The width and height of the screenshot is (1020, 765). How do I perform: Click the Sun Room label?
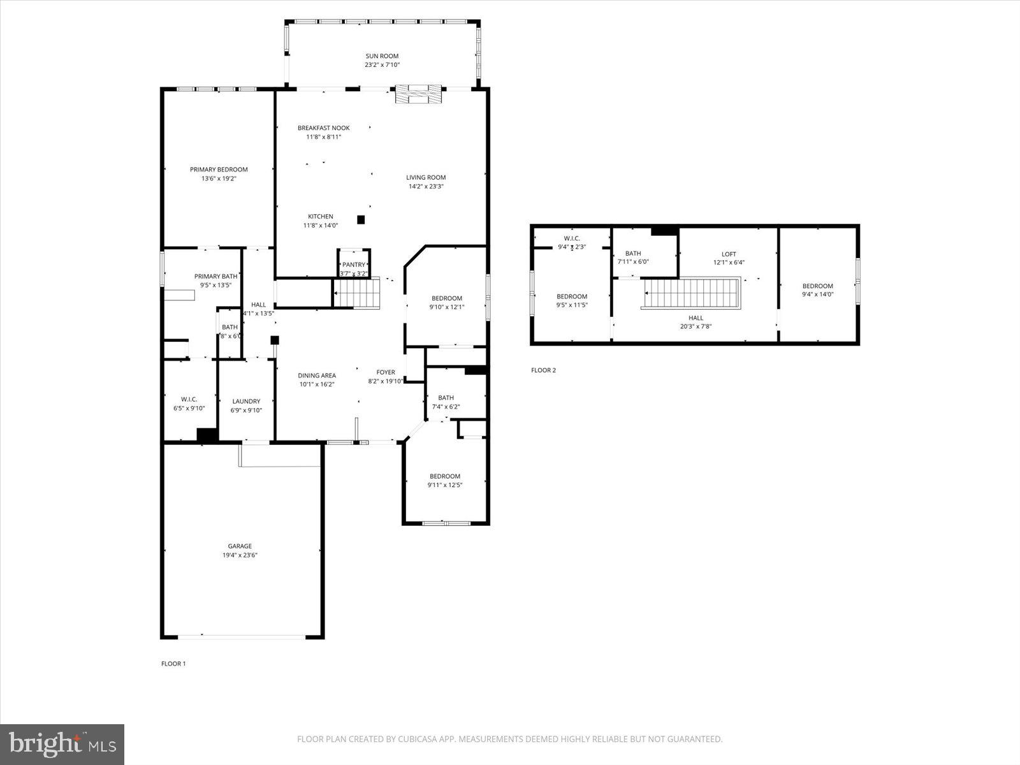(382, 56)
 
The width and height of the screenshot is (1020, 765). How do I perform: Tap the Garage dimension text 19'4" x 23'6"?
(240, 555)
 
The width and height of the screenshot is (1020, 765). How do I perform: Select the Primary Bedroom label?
(219, 170)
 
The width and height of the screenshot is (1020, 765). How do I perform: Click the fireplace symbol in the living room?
(418, 94)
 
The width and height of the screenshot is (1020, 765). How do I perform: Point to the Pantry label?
(354, 265)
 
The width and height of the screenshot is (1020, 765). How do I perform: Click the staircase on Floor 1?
(358, 295)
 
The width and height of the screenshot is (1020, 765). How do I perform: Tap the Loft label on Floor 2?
(728, 254)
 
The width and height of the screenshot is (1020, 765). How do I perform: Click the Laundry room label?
(246, 402)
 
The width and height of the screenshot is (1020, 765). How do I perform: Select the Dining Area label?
(317, 375)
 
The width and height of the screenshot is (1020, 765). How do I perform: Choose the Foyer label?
(385, 372)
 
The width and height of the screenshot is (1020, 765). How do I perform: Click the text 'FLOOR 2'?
(543, 370)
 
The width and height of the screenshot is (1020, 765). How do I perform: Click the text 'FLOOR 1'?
(173, 664)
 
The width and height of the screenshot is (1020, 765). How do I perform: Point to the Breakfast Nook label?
(323, 128)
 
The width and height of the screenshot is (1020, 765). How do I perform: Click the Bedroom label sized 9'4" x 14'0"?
(817, 286)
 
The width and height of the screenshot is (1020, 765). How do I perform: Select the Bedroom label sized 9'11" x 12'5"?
(444, 476)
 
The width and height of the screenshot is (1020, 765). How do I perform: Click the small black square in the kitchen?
(361, 219)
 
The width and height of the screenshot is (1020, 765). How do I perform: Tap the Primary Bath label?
(215, 277)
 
